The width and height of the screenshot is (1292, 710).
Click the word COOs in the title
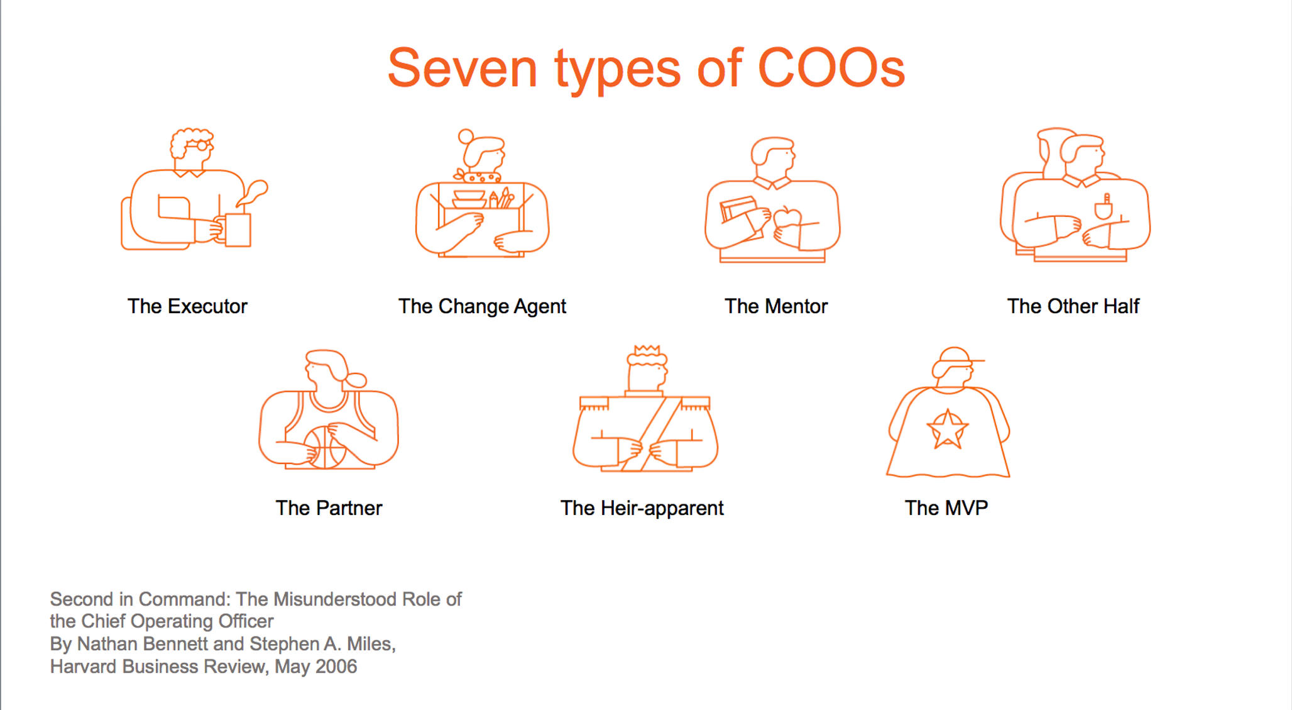(831, 67)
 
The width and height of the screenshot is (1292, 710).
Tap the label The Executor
(187, 306)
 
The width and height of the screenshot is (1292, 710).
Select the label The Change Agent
(482, 306)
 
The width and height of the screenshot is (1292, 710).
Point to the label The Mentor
(776, 306)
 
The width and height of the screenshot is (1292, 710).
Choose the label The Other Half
(1073, 306)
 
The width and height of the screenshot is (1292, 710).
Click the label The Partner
(329, 508)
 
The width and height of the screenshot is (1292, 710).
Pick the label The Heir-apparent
(642, 508)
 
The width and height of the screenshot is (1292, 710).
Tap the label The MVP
(946, 508)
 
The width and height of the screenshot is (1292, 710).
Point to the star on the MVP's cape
(948, 430)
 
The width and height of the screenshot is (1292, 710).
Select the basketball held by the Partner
(325, 447)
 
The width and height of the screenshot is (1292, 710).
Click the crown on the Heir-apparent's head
(647, 350)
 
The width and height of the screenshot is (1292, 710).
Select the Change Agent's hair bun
(466, 136)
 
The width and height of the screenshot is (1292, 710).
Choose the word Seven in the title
(463, 67)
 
